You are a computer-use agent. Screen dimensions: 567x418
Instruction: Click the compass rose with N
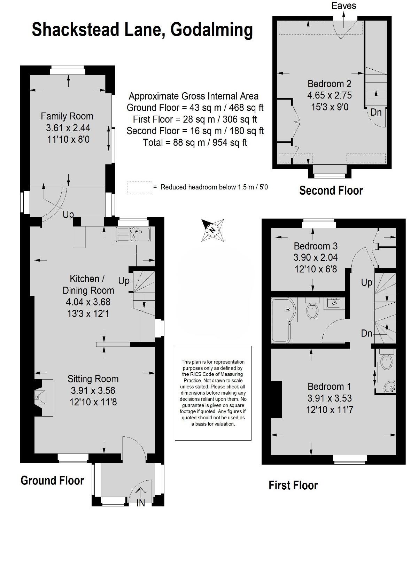pyautogui.click(x=212, y=230)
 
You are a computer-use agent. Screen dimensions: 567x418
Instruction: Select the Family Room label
pyautogui.click(x=67, y=116)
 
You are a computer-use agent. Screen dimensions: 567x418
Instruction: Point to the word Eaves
pyautogui.click(x=343, y=6)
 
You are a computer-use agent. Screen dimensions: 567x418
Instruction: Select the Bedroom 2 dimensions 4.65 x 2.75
pyautogui.click(x=329, y=95)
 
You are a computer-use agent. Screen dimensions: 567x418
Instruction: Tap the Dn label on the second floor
pyautogui.click(x=376, y=112)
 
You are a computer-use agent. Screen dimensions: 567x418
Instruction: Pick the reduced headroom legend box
pyautogui.click(x=140, y=187)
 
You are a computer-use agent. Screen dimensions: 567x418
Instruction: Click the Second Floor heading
pyautogui.click(x=331, y=190)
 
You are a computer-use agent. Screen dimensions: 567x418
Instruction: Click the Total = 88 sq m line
pyautogui.click(x=195, y=142)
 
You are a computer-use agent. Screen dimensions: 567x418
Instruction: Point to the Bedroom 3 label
pyautogui.click(x=315, y=246)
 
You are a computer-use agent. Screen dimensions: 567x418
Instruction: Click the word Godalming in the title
pyautogui.click(x=212, y=30)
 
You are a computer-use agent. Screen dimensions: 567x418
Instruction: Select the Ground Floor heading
pyautogui.click(x=52, y=480)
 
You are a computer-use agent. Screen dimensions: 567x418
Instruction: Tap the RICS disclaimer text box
pyautogui.click(x=213, y=393)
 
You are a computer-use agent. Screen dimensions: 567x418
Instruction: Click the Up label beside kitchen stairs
pyautogui.click(x=124, y=280)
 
